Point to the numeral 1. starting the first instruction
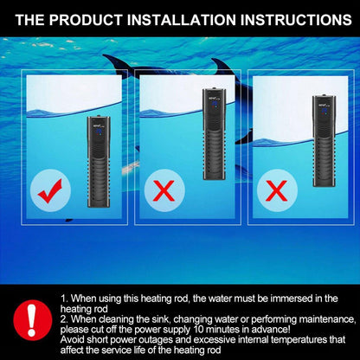pyautogui.click(x=65, y=299)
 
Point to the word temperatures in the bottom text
pyautogui.click(x=290, y=339)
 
